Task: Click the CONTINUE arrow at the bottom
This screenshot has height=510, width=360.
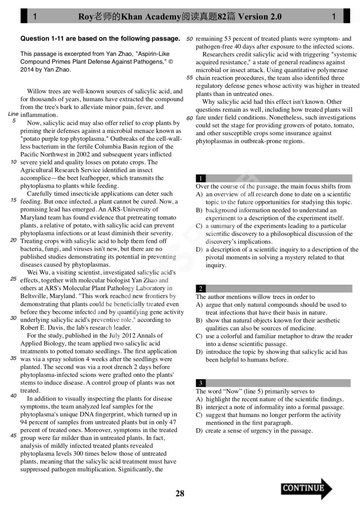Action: (x=306, y=489)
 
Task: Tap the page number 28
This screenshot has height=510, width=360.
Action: (x=180, y=493)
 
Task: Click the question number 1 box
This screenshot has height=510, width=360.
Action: (x=200, y=178)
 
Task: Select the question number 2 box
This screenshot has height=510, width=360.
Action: (x=200, y=289)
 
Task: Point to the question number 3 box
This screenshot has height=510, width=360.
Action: (x=200, y=383)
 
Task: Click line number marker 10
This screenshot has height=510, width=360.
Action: (x=13, y=162)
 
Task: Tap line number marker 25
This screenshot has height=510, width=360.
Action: (x=13, y=279)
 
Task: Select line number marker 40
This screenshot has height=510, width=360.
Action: (x=13, y=396)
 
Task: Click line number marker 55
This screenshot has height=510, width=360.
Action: (x=190, y=78)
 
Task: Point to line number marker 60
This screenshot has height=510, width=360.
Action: (x=190, y=118)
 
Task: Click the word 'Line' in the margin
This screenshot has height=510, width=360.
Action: (x=13, y=114)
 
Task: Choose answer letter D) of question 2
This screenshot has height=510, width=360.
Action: (x=199, y=352)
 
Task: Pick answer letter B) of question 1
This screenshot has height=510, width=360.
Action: (x=199, y=210)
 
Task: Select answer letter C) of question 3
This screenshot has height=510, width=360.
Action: (x=199, y=415)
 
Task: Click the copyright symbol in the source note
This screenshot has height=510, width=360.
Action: (x=171, y=62)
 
